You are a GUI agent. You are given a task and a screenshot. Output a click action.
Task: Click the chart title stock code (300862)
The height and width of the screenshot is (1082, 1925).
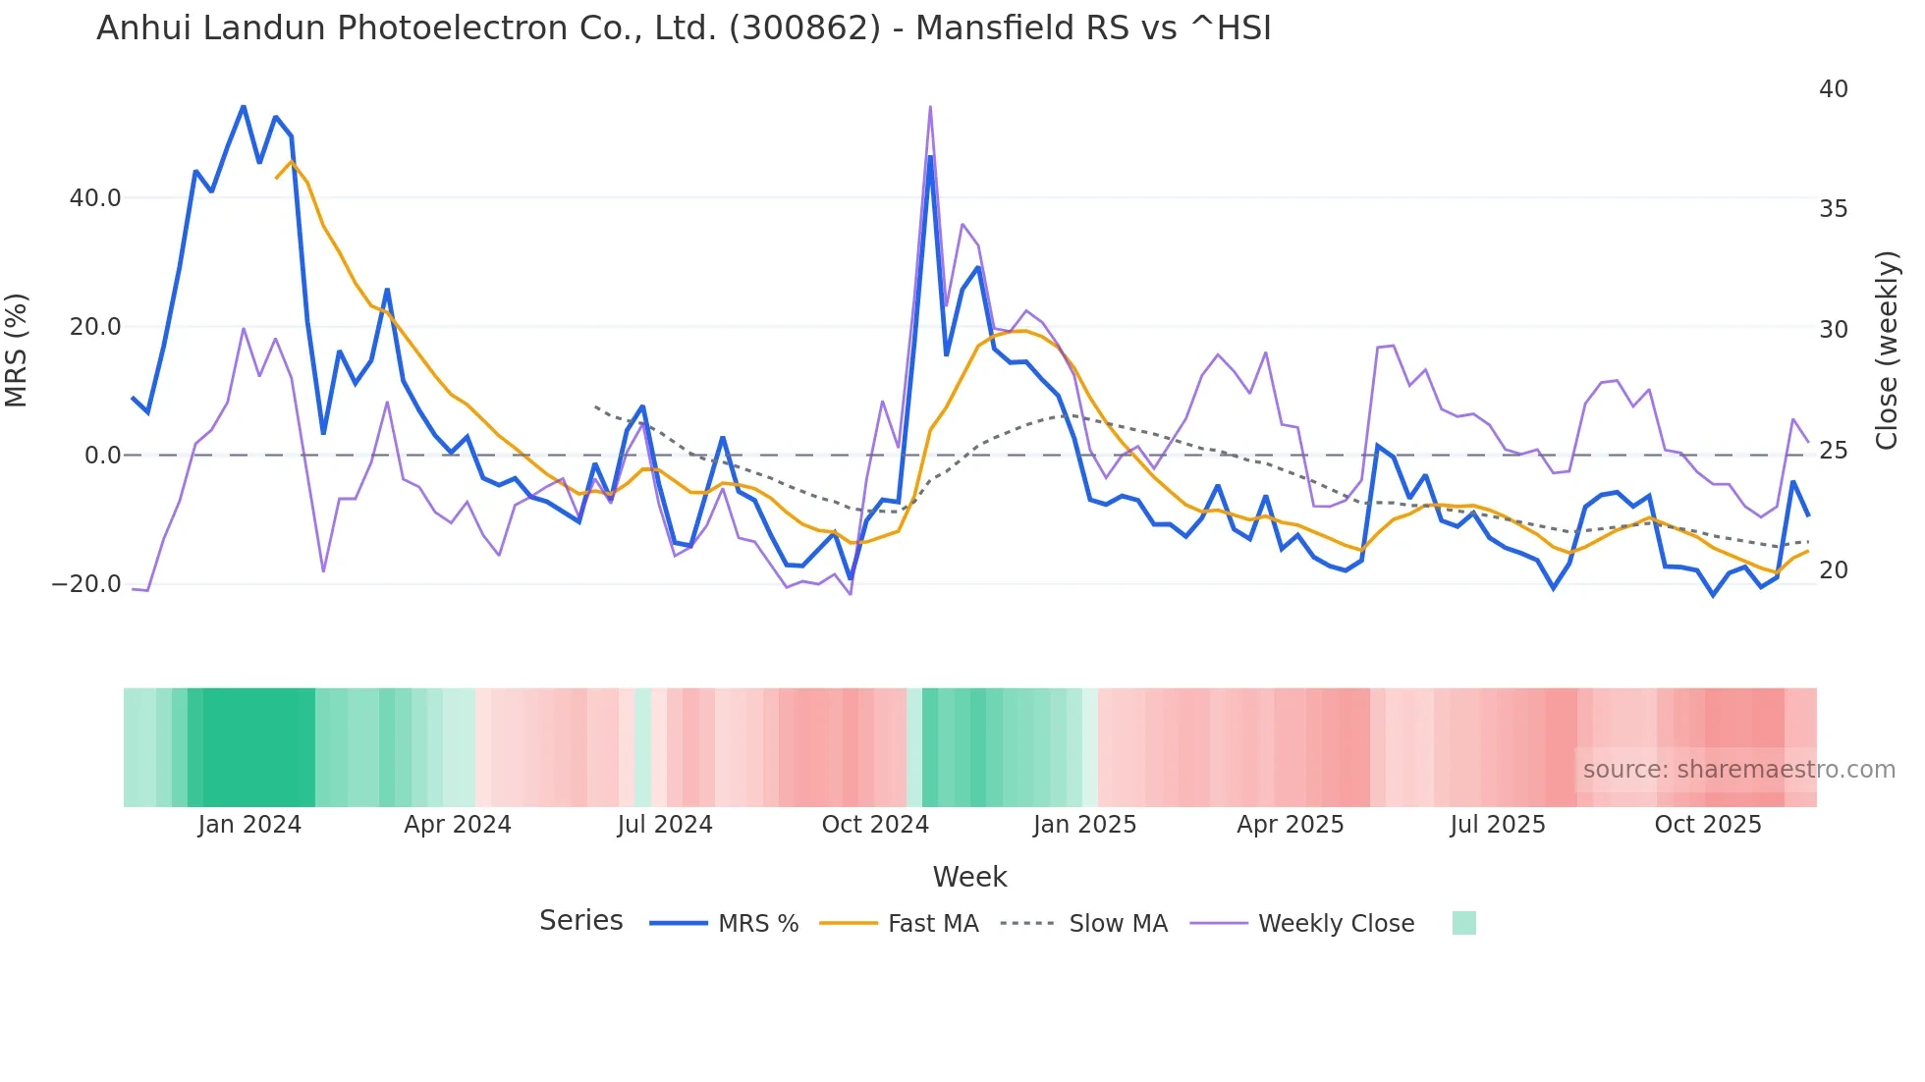804,28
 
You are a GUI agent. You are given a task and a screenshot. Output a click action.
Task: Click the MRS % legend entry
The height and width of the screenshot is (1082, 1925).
757,924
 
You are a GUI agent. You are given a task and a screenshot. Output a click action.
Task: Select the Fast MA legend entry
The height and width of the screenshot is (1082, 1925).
932,924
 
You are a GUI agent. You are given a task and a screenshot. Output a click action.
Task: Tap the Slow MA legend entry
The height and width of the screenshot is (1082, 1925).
1118,924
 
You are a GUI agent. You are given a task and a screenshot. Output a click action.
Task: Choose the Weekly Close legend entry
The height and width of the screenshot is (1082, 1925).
1336,924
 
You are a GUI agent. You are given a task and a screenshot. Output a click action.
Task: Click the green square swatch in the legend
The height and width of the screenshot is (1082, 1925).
1463,923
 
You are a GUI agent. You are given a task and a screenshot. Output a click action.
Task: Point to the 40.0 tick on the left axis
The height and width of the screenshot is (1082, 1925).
95,198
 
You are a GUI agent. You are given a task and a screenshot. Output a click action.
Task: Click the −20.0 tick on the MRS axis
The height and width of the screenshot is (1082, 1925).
86,584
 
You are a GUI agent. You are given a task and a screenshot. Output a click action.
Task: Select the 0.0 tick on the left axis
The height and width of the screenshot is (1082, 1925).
102,456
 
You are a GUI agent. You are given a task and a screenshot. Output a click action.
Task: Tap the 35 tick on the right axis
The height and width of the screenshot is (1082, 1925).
1833,209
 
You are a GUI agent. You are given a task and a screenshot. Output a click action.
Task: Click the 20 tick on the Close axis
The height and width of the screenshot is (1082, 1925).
1833,570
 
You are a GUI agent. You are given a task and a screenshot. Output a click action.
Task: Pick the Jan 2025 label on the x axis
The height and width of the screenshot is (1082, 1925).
1084,825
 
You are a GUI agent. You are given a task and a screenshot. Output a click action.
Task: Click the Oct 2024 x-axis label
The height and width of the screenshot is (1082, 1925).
875,825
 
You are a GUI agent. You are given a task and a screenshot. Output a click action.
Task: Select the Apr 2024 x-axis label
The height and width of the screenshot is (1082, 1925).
458,825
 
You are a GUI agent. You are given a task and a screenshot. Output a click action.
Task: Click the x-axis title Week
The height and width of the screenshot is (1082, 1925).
969,877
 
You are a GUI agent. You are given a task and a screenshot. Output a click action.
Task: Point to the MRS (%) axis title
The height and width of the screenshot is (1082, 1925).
17,351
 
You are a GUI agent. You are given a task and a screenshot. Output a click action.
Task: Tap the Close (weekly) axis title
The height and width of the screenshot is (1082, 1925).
1886,351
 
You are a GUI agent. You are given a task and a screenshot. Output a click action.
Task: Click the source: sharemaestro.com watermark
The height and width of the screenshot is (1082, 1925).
1738,770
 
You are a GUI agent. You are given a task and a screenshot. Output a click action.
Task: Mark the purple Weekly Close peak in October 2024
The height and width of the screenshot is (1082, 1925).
930,107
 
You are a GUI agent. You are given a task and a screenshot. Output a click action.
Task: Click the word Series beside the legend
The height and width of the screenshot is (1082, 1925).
580,921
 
